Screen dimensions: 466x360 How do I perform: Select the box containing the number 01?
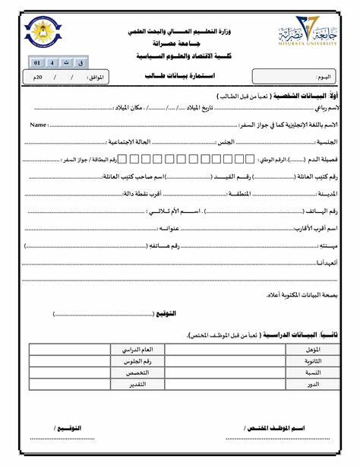36,62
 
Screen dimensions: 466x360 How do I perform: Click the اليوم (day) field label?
324,78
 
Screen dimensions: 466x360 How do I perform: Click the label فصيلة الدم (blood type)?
324,160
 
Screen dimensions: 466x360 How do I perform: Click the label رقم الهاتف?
324,211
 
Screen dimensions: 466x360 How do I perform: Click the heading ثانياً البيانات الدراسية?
305,334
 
